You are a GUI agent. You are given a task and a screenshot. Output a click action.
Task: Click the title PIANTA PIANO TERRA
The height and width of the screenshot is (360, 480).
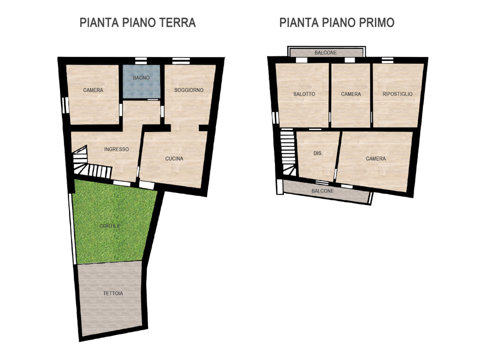(x=137, y=22)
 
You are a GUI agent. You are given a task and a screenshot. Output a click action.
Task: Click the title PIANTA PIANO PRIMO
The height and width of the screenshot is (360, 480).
(x=337, y=22)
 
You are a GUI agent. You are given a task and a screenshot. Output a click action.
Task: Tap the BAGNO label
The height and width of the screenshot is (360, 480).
(x=141, y=78)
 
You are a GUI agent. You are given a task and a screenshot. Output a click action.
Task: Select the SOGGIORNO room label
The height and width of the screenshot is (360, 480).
(x=189, y=90)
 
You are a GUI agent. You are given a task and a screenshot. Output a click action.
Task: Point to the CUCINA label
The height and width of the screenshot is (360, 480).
(x=174, y=159)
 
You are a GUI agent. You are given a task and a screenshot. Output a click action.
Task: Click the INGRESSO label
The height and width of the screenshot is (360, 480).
(x=116, y=149)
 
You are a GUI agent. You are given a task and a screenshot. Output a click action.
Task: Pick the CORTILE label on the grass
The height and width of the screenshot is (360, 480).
(x=109, y=226)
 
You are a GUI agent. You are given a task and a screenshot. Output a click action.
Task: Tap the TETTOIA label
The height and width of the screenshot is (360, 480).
(x=113, y=293)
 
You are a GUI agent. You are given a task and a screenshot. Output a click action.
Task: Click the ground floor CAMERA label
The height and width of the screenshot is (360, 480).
(x=93, y=90)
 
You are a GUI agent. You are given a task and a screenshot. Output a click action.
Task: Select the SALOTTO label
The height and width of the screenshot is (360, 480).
(x=304, y=94)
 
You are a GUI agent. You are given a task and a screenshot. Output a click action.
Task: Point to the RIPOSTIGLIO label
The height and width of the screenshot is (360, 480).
(x=397, y=94)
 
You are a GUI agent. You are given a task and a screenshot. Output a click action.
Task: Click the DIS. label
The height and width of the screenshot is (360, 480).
(x=317, y=153)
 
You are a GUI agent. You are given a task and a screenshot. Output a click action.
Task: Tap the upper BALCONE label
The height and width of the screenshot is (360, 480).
(x=325, y=52)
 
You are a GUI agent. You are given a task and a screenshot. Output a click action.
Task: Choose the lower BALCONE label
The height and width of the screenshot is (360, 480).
(x=322, y=191)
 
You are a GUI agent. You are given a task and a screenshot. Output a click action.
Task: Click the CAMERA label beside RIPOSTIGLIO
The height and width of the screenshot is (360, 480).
(x=351, y=94)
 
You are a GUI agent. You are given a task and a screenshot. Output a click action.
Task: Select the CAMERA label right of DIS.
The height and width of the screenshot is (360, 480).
(x=375, y=158)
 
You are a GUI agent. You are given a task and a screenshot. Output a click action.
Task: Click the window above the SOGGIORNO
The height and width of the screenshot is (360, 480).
(x=178, y=61)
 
